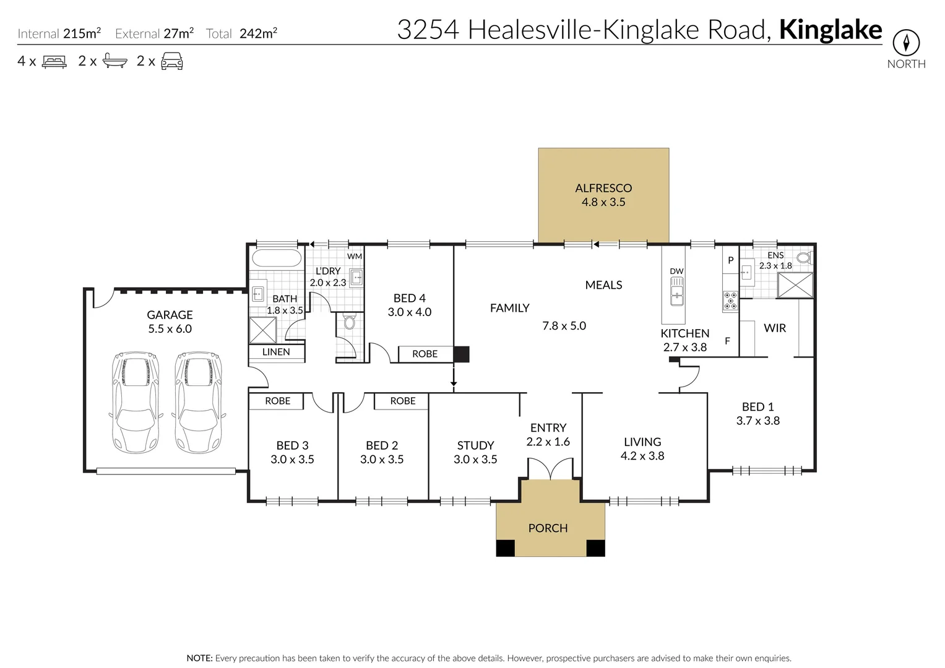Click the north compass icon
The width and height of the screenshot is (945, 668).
click(x=906, y=43)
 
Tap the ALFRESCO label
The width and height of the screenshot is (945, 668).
click(x=603, y=188)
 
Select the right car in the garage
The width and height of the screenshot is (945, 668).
click(x=199, y=403)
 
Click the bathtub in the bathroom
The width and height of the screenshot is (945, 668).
click(x=277, y=258)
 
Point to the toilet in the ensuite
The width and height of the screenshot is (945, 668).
click(x=804, y=257)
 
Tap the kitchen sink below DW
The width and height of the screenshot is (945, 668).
click(x=678, y=291)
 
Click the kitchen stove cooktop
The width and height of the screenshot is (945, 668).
click(x=730, y=301)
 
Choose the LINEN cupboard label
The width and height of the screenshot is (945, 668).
click(x=276, y=352)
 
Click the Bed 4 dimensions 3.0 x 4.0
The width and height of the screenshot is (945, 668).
click(x=410, y=312)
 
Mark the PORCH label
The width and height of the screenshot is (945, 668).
click(x=548, y=528)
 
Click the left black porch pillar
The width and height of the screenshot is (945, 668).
click(x=506, y=548)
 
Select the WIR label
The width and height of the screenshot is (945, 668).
click(x=775, y=328)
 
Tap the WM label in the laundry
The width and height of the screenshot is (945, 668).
click(x=355, y=256)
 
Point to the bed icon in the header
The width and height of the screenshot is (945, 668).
click(x=54, y=61)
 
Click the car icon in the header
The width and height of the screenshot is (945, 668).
click(x=171, y=61)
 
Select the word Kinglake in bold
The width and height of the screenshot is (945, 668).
click(x=831, y=30)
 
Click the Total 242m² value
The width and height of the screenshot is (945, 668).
click(x=258, y=33)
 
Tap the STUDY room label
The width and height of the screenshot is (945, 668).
click(x=475, y=445)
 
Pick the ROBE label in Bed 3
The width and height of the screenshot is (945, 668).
click(x=277, y=401)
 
